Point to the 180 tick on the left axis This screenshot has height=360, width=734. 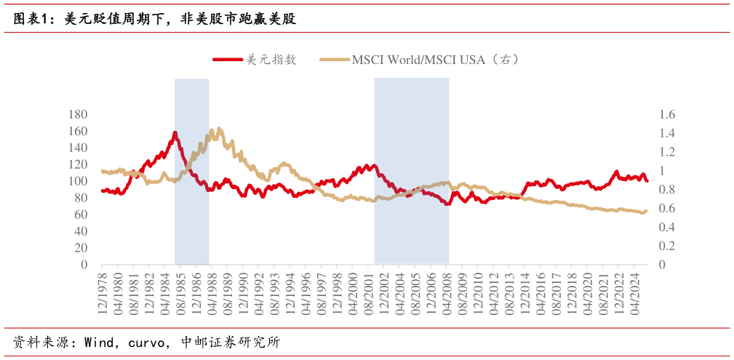point(77,115)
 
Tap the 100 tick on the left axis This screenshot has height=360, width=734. point(77,181)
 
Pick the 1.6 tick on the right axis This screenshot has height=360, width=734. point(667,115)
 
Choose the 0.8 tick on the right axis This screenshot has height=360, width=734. point(667,190)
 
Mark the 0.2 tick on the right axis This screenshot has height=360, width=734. point(667,247)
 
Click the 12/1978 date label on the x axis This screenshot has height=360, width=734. point(102,291)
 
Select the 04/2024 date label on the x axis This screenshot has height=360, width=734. point(634,291)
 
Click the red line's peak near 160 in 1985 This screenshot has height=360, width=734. point(175,132)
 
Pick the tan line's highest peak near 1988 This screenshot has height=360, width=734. point(212,129)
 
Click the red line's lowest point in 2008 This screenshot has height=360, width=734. point(447,204)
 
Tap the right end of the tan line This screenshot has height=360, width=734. point(645,211)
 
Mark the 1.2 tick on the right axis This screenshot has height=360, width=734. point(667,152)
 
